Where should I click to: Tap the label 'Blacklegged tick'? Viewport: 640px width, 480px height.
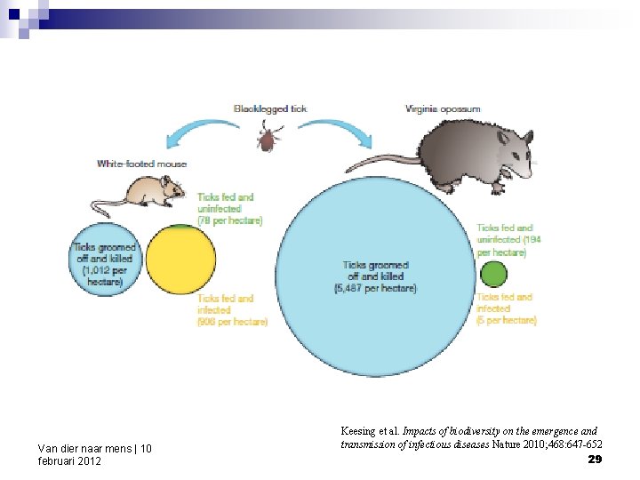click(269, 108)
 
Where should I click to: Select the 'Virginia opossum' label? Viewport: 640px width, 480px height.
click(443, 108)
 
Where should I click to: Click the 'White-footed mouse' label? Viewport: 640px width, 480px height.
click(141, 164)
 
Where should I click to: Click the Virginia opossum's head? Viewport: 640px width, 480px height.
click(510, 147)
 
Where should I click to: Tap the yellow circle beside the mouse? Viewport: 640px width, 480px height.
click(180, 260)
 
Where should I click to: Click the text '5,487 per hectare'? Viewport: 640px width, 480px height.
click(375, 288)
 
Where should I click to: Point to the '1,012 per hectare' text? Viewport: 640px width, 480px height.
click(106, 276)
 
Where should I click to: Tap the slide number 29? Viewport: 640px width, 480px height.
click(595, 459)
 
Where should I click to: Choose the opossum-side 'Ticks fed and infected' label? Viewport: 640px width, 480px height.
click(506, 308)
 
